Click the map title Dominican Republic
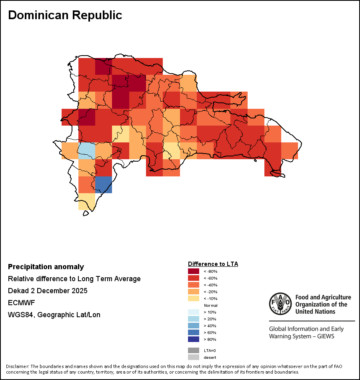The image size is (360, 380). pyautogui.click(x=65, y=15)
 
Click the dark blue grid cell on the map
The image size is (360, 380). pyautogui.click(x=103, y=184)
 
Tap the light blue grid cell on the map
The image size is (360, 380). pyautogui.click(x=86, y=150)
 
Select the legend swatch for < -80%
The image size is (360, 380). pyautogui.click(x=194, y=271)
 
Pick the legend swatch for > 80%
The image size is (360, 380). pyautogui.click(x=194, y=339)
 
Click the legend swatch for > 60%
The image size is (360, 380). pyautogui.click(x=194, y=332)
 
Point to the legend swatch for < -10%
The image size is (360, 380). pyautogui.click(x=194, y=298)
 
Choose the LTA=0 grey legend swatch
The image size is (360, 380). pyautogui.click(x=194, y=350)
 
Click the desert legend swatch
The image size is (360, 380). pyautogui.click(x=194, y=357)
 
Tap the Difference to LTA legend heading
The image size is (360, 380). pyautogui.click(x=213, y=264)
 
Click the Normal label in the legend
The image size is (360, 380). pyautogui.click(x=210, y=306)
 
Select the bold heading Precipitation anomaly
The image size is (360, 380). pyautogui.click(x=46, y=267)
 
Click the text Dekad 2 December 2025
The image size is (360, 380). pyautogui.click(x=48, y=291)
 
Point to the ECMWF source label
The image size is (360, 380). pyautogui.click(x=22, y=303)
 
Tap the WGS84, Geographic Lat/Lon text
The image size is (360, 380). pyautogui.click(x=54, y=315)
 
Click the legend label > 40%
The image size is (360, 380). pyautogui.click(x=210, y=326)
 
